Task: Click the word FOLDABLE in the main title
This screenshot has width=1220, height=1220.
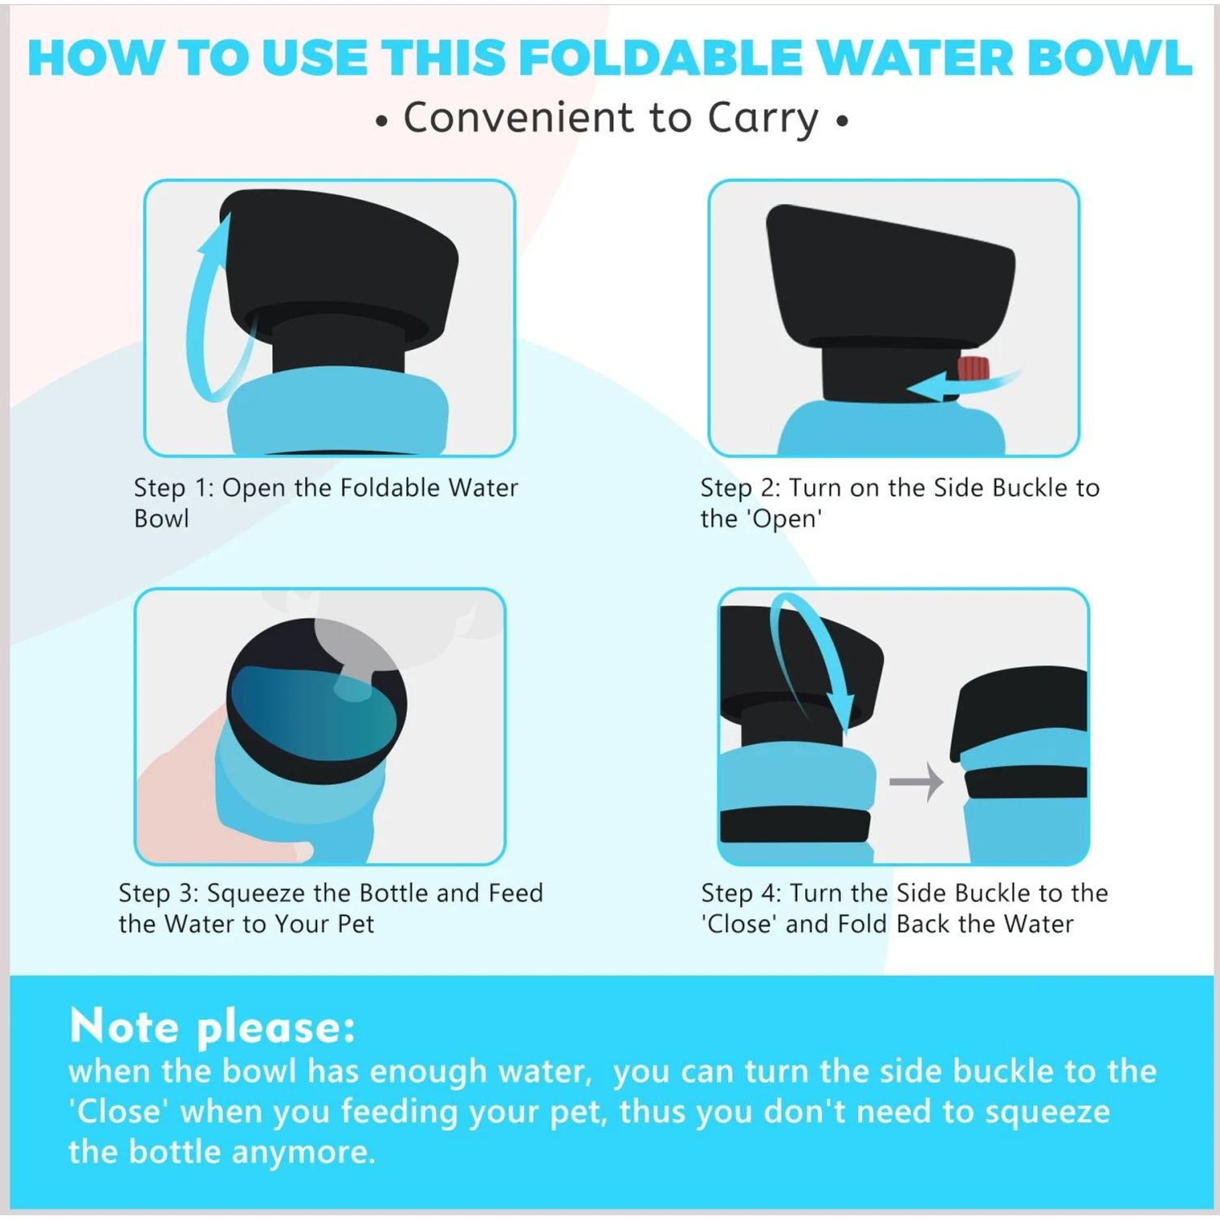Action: [661, 58]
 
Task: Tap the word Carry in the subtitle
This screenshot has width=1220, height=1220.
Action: [763, 120]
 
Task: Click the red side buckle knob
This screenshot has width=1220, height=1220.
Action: [973, 368]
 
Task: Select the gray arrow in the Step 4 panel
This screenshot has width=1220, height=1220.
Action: [916, 782]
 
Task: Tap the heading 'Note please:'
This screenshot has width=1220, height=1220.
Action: [212, 1026]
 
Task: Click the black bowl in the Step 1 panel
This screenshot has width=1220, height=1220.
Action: [338, 268]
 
